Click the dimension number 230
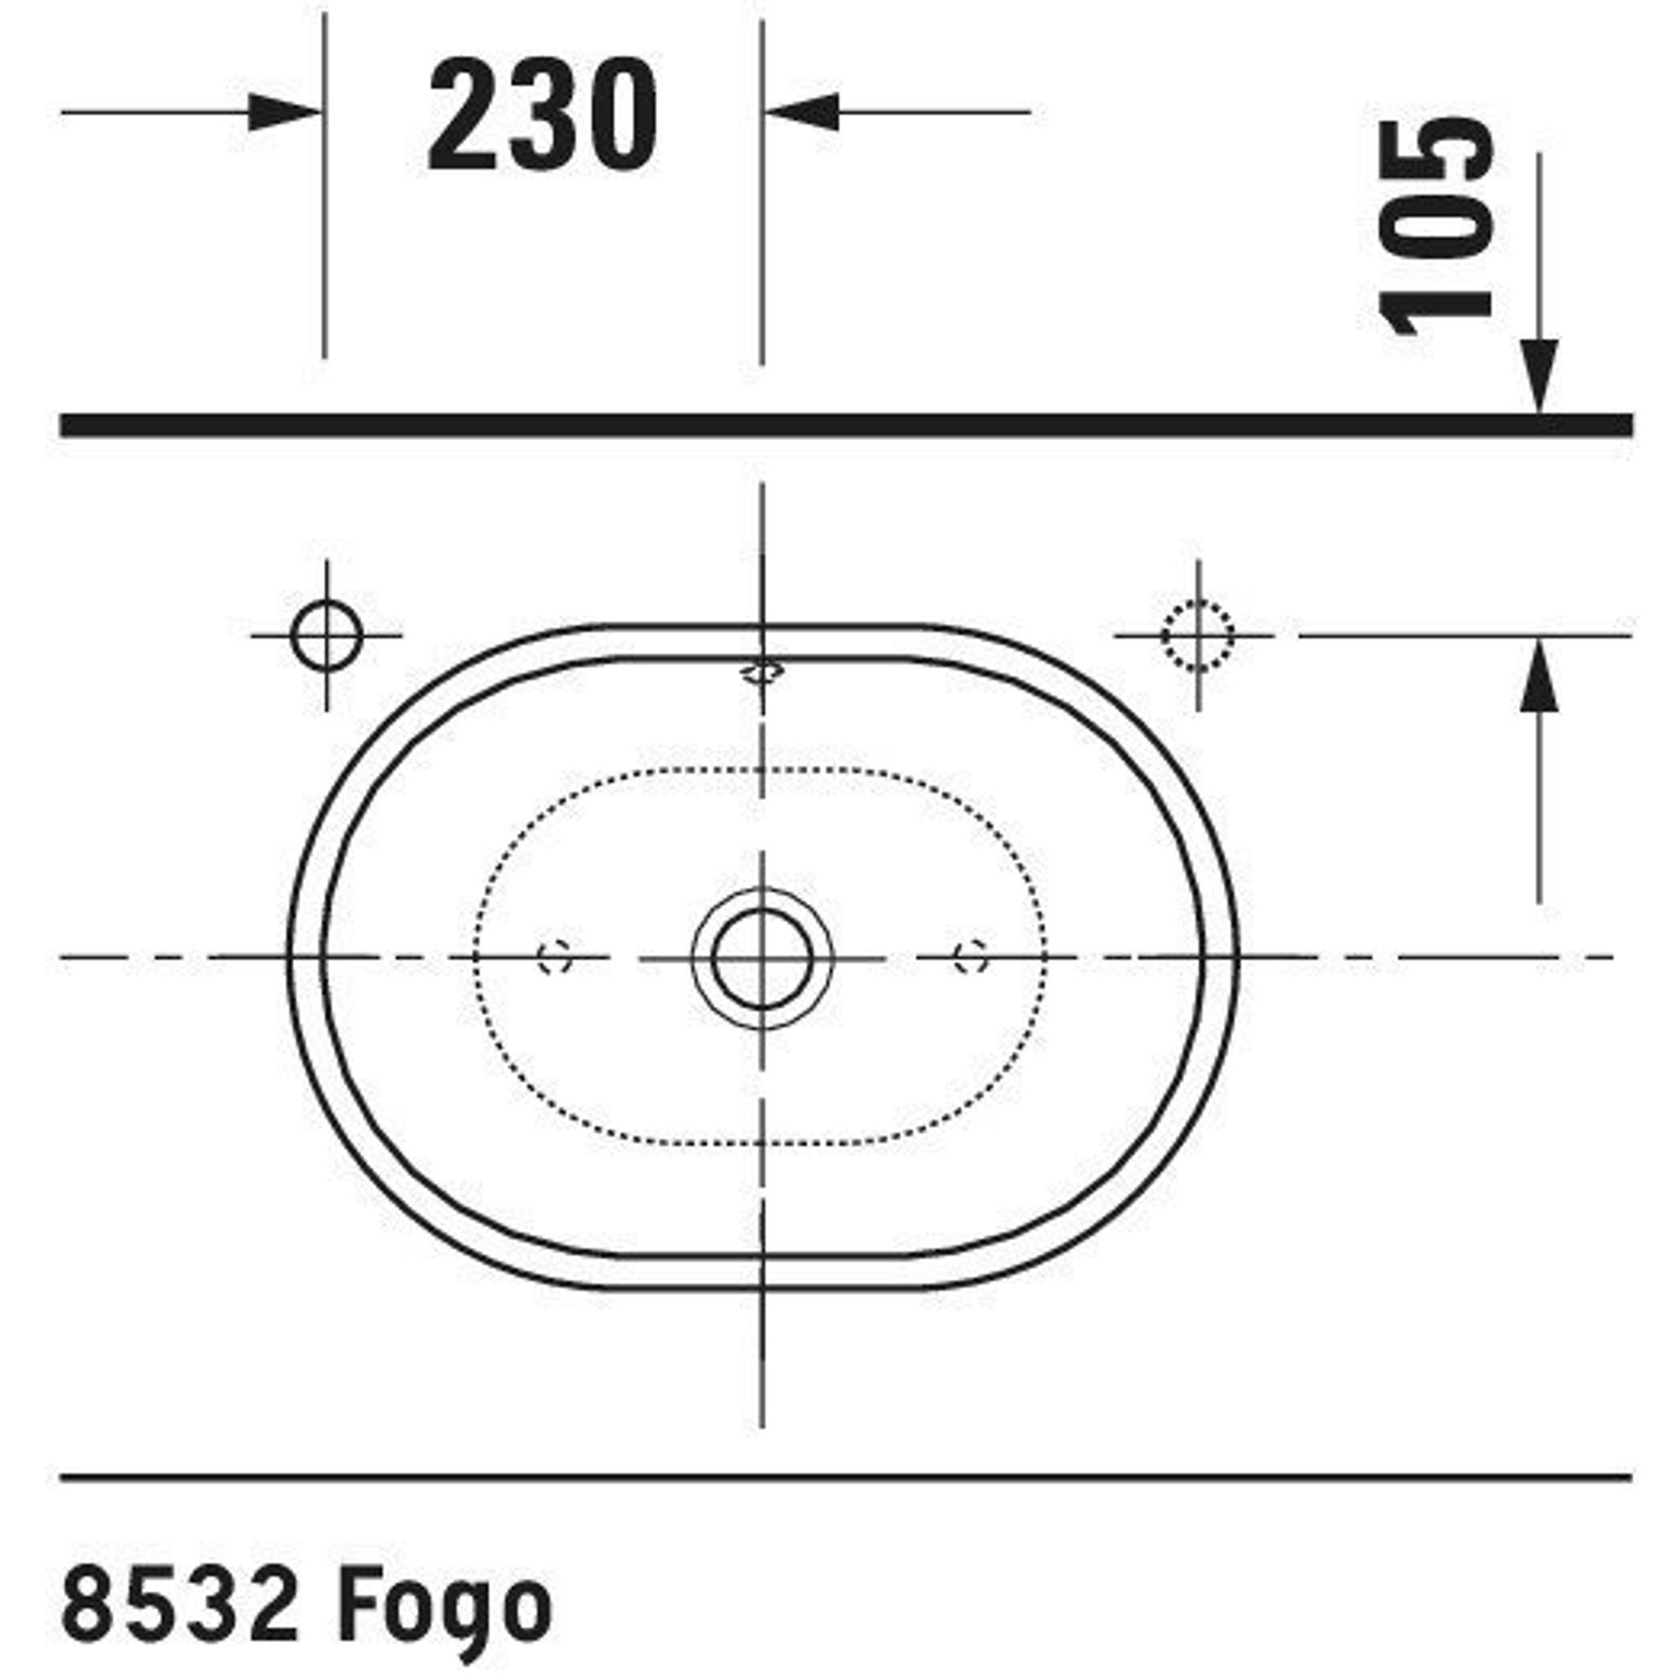[x=543, y=116]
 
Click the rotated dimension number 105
[x=1435, y=227]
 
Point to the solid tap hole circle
[x=326, y=636]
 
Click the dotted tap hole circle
[x=1198, y=636]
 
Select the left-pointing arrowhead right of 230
[x=802, y=112]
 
